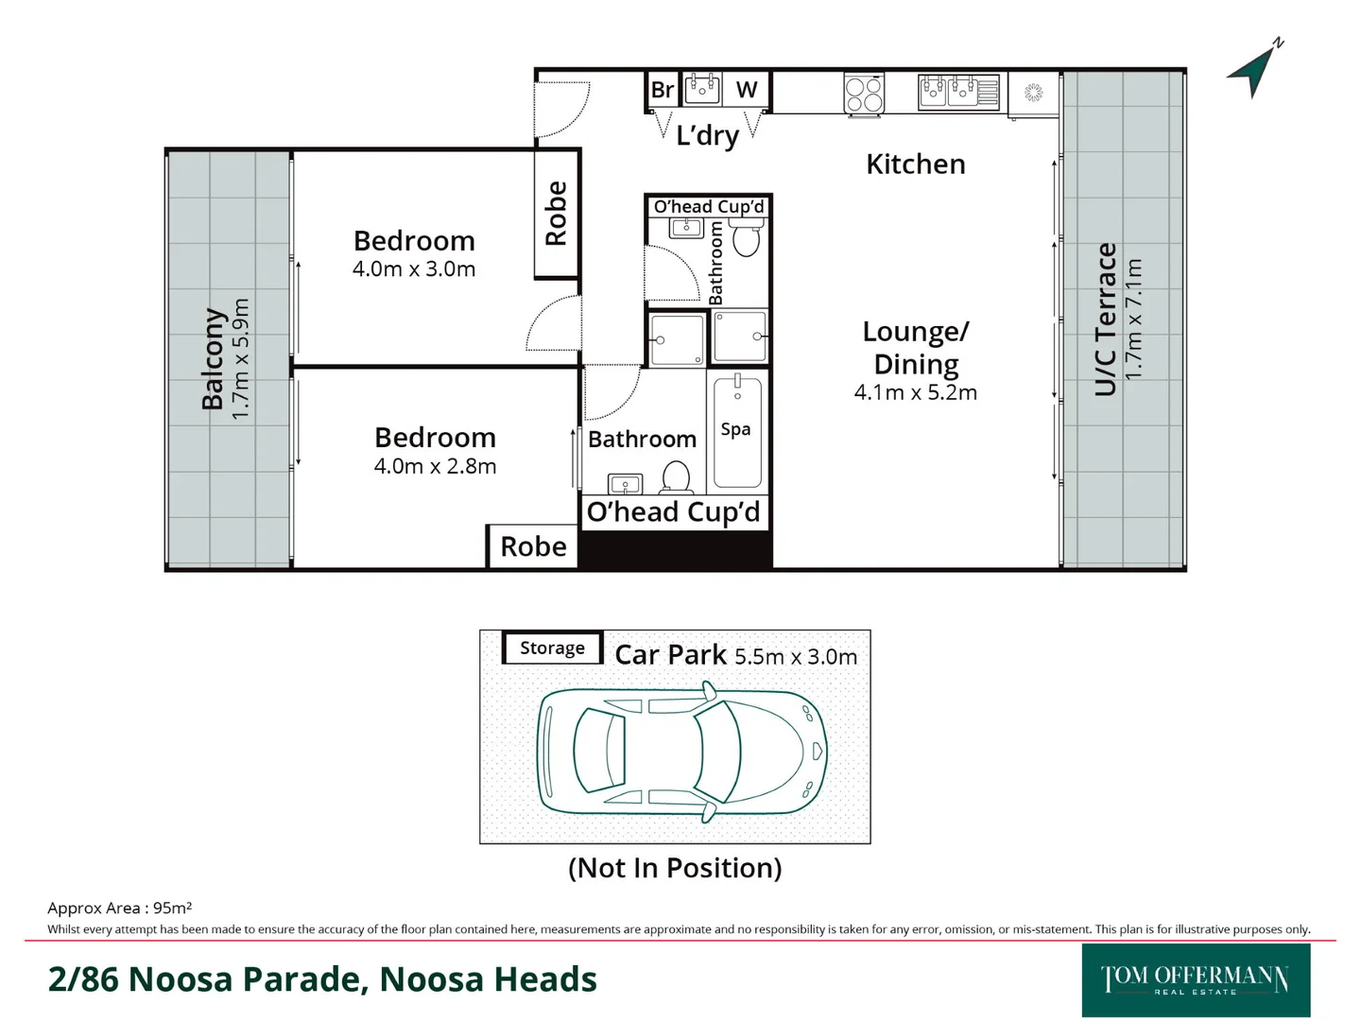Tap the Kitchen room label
click(x=915, y=164)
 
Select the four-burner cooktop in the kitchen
click(x=863, y=95)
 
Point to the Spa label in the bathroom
click(x=735, y=429)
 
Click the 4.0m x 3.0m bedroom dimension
click(x=413, y=269)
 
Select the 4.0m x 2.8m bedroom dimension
click(x=435, y=466)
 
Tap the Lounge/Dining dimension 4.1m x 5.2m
click(x=915, y=392)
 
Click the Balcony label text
click(x=213, y=359)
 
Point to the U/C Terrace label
click(x=1105, y=320)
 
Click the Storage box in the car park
click(x=552, y=649)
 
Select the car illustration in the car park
click(x=680, y=751)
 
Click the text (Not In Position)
click(x=675, y=868)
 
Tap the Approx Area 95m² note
click(x=120, y=908)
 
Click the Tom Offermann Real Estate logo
click(x=1195, y=979)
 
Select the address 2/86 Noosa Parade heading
click(x=322, y=979)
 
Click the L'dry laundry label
click(x=707, y=135)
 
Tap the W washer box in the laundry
click(x=747, y=90)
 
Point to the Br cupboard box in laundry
click(x=663, y=90)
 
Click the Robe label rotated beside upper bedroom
click(x=556, y=214)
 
